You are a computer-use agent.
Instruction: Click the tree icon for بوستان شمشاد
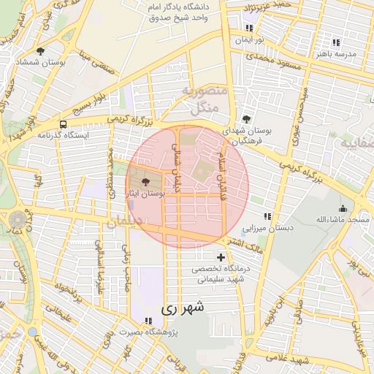(39, 52)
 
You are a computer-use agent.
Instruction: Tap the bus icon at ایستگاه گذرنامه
(64, 124)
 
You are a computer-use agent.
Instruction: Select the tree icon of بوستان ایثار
(145, 182)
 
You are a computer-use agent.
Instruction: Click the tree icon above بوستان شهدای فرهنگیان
(245, 119)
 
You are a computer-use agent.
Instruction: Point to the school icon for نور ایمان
(249, 28)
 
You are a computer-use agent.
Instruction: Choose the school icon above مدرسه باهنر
(335, 42)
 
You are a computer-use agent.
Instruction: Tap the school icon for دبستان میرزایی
(267, 216)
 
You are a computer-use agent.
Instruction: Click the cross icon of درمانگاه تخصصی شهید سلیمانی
(221, 257)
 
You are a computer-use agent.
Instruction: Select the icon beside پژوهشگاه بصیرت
(149, 321)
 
